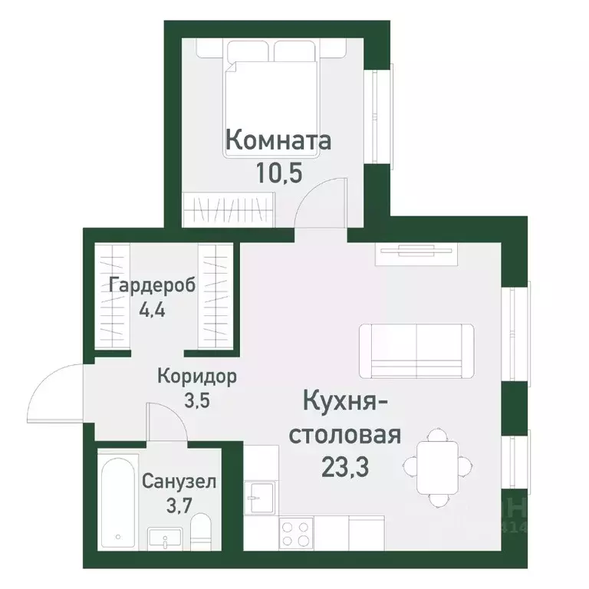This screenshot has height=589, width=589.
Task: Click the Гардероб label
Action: coord(153,285)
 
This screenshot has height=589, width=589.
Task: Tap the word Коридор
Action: coord(196,377)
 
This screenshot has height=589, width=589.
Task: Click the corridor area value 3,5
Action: coord(196,402)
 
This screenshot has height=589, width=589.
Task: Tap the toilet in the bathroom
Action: coord(201,531)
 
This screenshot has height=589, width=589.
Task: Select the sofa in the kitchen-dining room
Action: coord(416,351)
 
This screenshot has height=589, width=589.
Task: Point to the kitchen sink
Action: coord(259,495)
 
